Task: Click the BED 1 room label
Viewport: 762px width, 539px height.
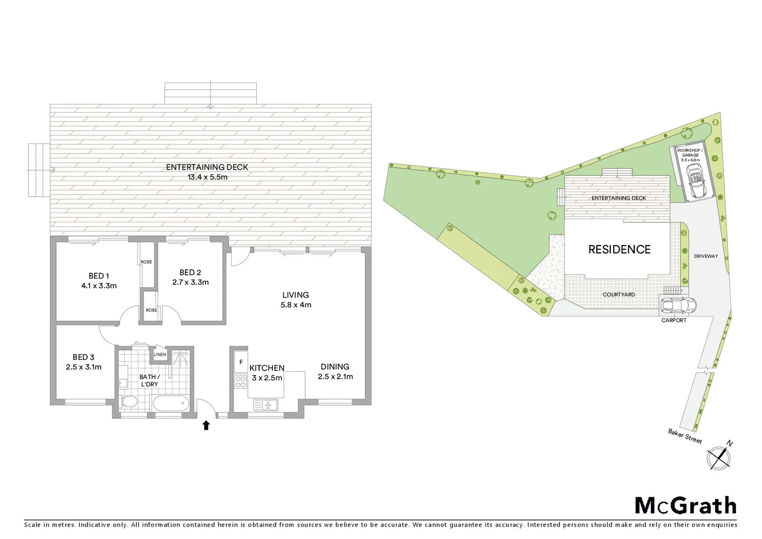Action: point(99,276)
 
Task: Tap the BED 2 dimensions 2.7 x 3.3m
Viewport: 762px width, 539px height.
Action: point(190,282)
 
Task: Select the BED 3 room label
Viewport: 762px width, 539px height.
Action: point(83,357)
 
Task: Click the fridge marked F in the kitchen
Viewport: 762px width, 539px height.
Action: point(241,362)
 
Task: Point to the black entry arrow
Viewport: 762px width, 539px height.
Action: point(205,425)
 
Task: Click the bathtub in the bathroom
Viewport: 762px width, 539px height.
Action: point(171,403)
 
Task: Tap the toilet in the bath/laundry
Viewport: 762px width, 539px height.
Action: point(129,402)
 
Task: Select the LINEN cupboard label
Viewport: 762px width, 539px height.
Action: point(160,355)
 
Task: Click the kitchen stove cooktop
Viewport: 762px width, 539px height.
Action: point(241,382)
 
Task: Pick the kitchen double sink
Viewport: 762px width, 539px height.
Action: point(266,405)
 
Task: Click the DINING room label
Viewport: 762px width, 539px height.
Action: point(335,366)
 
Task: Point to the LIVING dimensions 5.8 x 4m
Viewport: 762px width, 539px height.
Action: point(296,305)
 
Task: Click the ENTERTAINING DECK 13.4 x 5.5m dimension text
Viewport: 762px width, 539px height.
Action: point(207,177)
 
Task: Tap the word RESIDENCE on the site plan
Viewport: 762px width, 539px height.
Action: point(619,250)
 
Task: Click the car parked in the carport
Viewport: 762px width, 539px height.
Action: point(678,304)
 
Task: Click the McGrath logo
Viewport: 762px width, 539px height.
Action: point(685,506)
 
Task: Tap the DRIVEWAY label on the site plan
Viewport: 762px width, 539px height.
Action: point(706,256)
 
